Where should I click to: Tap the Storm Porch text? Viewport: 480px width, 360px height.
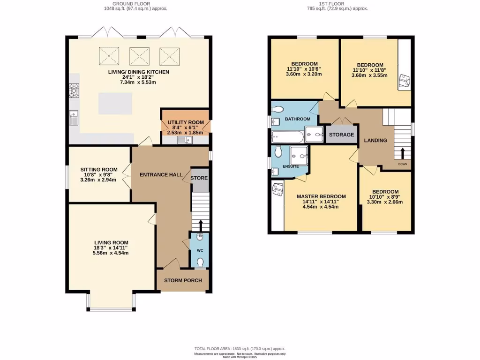pyautogui.click(x=183, y=280)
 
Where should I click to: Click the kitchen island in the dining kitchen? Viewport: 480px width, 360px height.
pyautogui.click(x=115, y=103)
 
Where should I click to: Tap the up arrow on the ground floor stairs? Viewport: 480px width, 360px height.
pyautogui.click(x=201, y=225)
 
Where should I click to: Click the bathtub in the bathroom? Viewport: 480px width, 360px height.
pyautogui.click(x=287, y=137)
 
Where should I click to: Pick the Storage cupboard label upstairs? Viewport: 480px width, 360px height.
pyautogui.click(x=341, y=135)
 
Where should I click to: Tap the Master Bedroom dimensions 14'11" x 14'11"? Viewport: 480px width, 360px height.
pyautogui.click(x=321, y=202)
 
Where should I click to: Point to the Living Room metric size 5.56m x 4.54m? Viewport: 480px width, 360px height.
pyautogui.click(x=111, y=253)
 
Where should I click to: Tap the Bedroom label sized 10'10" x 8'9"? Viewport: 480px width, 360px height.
pyautogui.click(x=385, y=192)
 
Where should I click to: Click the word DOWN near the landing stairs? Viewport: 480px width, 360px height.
pyautogui.click(x=403, y=164)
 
